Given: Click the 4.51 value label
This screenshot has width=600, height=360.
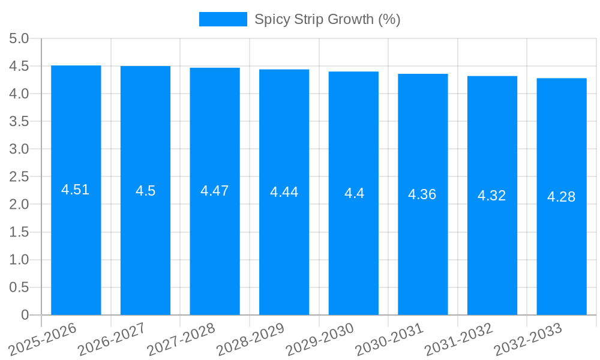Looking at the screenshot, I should pos(76,190).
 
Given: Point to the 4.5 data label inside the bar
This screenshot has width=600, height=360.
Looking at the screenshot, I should pos(145,191).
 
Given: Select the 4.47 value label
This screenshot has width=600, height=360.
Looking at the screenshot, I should pos(215,191).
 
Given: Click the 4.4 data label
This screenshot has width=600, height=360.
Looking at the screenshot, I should pos(354,193).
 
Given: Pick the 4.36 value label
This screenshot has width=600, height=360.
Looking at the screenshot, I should pos(422,194).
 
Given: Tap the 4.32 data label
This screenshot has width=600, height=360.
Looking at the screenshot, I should pos(492,196).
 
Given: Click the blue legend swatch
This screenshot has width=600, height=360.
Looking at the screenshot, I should pos(223,19).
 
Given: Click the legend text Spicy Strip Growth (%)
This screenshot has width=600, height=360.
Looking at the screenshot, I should pos(327,19).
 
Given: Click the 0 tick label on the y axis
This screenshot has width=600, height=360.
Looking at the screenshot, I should pos(25,315).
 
